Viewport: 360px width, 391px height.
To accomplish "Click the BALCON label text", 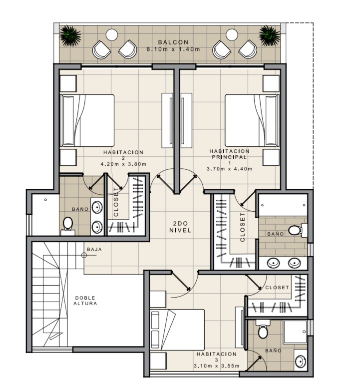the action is pyautogui.click(x=173, y=42).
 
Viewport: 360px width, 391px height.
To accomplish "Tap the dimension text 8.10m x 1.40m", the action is pyautogui.click(x=173, y=49).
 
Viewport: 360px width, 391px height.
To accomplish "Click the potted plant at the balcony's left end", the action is pyautogui.click(x=70, y=36).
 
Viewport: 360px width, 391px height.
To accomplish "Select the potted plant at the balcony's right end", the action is pyautogui.click(x=270, y=36).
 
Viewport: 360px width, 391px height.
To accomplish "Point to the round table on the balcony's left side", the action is pyautogui.click(x=112, y=34).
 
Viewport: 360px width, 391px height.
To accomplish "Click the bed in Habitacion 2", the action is pyautogui.click(x=87, y=120).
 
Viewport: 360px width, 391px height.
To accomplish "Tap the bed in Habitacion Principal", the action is pyautogui.click(x=252, y=120).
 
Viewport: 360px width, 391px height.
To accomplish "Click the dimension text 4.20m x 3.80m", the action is pyautogui.click(x=123, y=164).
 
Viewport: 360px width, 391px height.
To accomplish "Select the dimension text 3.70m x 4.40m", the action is pyautogui.click(x=229, y=169).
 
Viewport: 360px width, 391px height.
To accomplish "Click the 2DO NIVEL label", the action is pyautogui.click(x=180, y=227).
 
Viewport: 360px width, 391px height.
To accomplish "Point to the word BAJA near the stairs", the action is pyautogui.click(x=94, y=249).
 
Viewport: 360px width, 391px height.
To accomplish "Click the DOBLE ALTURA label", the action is pyautogui.click(x=85, y=301).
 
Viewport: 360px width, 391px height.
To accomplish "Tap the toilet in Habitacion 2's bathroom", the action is pyautogui.click(x=68, y=226).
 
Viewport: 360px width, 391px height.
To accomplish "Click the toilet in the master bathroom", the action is pyautogui.click(x=298, y=230).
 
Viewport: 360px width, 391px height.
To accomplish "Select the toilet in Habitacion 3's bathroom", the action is pyautogui.click(x=263, y=329).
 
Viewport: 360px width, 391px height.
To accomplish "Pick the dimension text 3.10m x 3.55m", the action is pyautogui.click(x=217, y=366).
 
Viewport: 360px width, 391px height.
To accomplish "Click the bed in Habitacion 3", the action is pyautogui.click(x=177, y=330).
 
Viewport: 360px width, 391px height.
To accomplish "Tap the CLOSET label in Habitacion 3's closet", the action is pyautogui.click(x=277, y=288).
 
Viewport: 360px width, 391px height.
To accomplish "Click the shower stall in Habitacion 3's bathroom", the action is pyautogui.click(x=296, y=332).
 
